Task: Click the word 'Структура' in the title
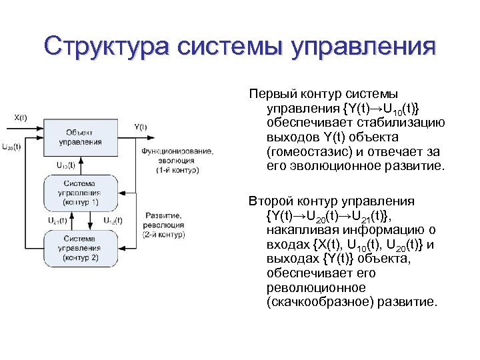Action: tap(107, 47)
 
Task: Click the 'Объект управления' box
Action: tap(80, 137)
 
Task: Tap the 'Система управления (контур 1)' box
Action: tap(80, 192)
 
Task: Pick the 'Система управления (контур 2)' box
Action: tap(80, 247)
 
